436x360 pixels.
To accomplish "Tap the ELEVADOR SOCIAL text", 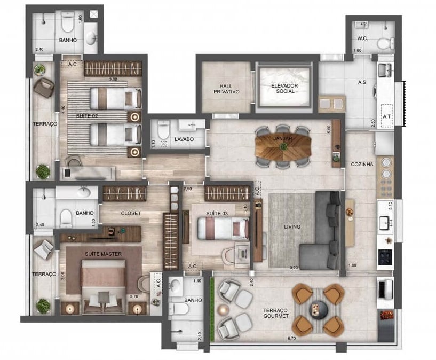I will [284, 88].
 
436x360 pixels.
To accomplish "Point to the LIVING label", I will [292, 227].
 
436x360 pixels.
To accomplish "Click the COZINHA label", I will [362, 165].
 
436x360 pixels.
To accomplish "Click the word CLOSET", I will [131, 213].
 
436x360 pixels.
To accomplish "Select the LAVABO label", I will [184, 139].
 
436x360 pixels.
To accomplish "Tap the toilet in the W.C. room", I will [384, 43].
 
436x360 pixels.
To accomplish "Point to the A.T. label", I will [387, 115].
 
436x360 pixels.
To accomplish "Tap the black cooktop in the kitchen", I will [385, 259].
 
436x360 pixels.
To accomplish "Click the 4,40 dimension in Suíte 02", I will [63, 109].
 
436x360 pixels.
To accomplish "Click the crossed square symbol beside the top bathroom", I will [94, 14].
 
